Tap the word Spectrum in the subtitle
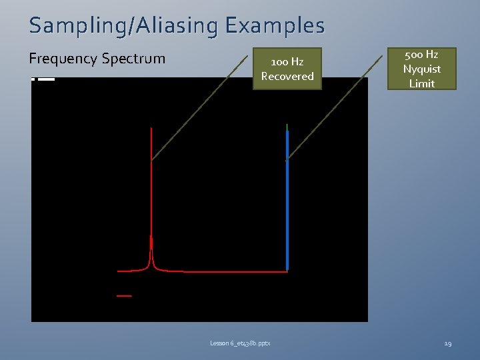click(134, 59)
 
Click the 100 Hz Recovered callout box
click(287, 69)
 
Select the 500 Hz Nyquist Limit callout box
click(421, 69)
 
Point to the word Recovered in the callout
click(287, 76)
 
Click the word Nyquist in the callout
click(421, 69)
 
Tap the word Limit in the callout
click(421, 83)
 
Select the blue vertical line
click(287, 200)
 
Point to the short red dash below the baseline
click(124, 295)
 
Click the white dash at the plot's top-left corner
click(46, 79)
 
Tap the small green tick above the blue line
click(287, 127)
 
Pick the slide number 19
click(447, 343)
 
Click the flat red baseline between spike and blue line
click(233, 271)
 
